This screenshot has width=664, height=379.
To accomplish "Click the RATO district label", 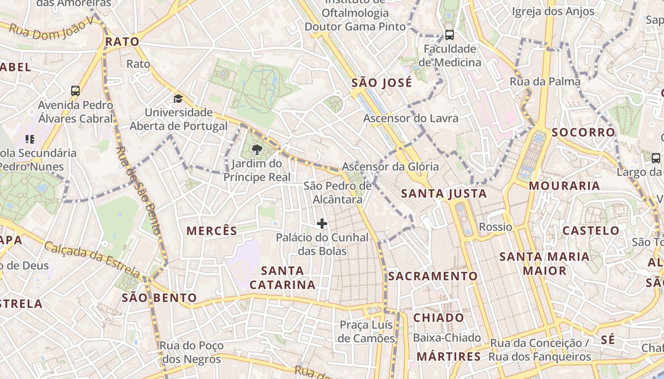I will [122, 42].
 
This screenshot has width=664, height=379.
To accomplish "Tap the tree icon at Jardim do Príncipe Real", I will [257, 150].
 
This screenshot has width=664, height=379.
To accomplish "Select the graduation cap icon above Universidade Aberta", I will [178, 99].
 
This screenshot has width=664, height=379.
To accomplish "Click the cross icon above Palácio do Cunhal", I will [322, 224].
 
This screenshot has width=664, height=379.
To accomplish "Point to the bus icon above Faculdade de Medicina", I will [449, 35].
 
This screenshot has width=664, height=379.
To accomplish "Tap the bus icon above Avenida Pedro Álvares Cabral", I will [75, 91].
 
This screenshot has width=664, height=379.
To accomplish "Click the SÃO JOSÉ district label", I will [382, 83].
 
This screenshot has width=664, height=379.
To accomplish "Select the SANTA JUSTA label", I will [444, 193].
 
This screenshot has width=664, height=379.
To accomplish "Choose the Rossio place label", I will [496, 227].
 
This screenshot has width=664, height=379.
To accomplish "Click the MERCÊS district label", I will [212, 231].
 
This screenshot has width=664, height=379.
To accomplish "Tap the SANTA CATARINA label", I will [283, 278].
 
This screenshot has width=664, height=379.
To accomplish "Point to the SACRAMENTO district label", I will [433, 276].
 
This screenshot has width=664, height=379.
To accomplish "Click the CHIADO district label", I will [439, 317].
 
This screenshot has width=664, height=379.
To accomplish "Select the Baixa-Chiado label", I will [447, 338].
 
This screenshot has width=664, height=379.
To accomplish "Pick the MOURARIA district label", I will [564, 186].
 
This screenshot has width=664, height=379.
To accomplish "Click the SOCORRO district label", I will [583, 132].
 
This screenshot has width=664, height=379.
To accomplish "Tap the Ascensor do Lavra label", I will [411, 118].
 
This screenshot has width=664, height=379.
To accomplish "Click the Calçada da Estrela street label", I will [92, 259].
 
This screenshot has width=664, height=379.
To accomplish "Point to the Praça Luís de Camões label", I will [366, 332].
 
